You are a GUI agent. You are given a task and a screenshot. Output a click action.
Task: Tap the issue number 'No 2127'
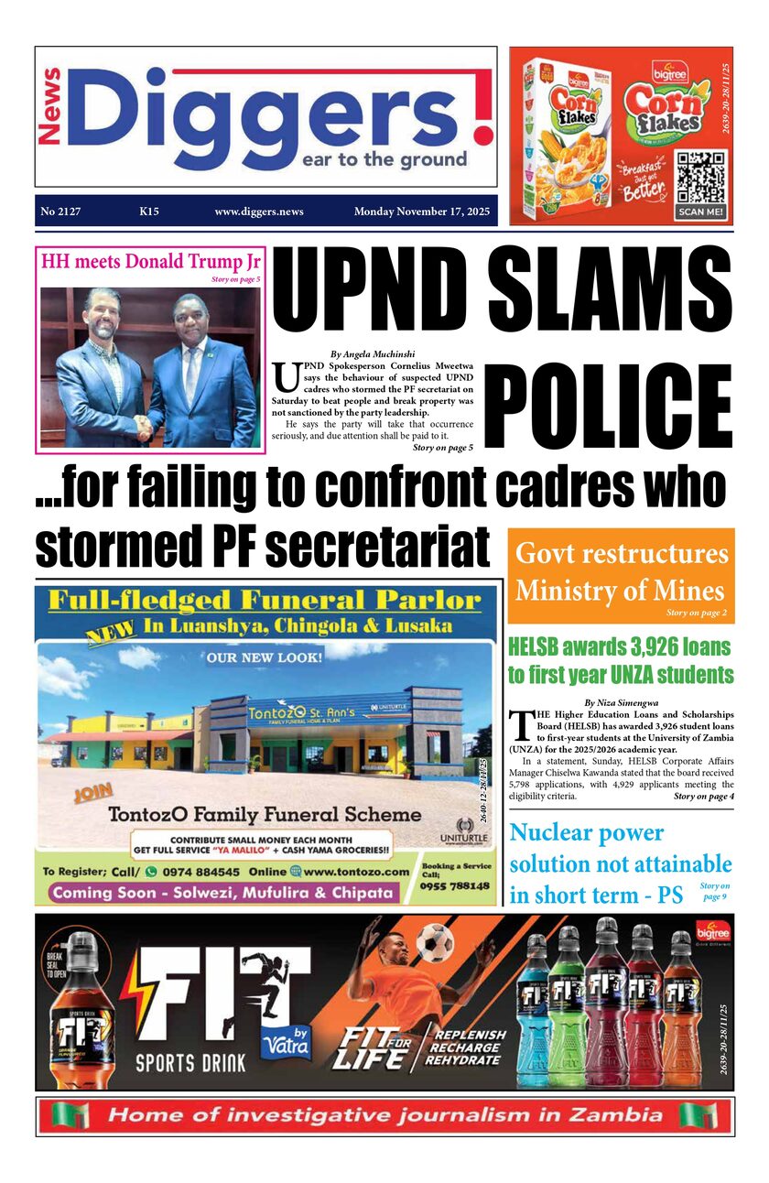coord(60,212)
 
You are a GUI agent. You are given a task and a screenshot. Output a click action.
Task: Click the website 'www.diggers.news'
coord(259,212)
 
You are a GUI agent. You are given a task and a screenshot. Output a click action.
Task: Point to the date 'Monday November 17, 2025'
coord(421,212)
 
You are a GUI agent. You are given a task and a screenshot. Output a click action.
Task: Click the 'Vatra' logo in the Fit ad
coord(286,1041)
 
